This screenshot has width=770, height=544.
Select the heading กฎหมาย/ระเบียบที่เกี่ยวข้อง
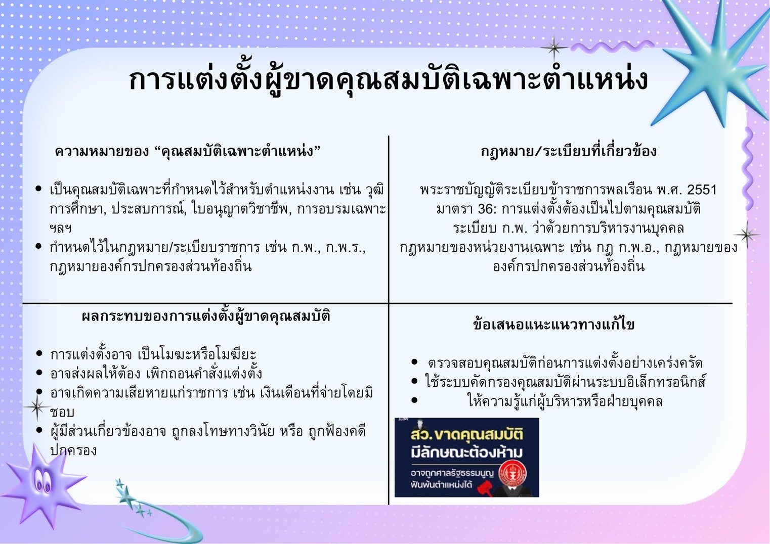click(x=569, y=152)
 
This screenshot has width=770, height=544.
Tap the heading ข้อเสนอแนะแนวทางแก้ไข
click(x=553, y=325)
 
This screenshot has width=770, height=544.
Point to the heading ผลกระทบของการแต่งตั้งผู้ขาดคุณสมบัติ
click(x=206, y=316)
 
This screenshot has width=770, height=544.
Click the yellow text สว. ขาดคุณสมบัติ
click(x=466, y=435)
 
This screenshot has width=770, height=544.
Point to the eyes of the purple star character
click(x=42, y=481)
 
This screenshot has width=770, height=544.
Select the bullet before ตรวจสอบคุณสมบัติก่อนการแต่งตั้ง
click(x=414, y=361)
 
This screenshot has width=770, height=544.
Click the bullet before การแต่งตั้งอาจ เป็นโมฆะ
click(x=39, y=353)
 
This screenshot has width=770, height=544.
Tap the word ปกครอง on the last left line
click(x=73, y=450)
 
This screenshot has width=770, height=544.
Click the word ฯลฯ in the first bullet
click(x=61, y=229)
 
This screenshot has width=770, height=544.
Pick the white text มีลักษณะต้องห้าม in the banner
click(x=466, y=452)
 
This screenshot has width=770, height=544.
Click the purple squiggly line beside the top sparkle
click(x=612, y=47)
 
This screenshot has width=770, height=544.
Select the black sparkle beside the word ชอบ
click(x=37, y=407)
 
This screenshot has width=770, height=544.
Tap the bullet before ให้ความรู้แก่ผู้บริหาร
click(x=414, y=400)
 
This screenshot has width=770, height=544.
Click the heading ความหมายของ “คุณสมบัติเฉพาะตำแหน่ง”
click(x=187, y=152)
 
